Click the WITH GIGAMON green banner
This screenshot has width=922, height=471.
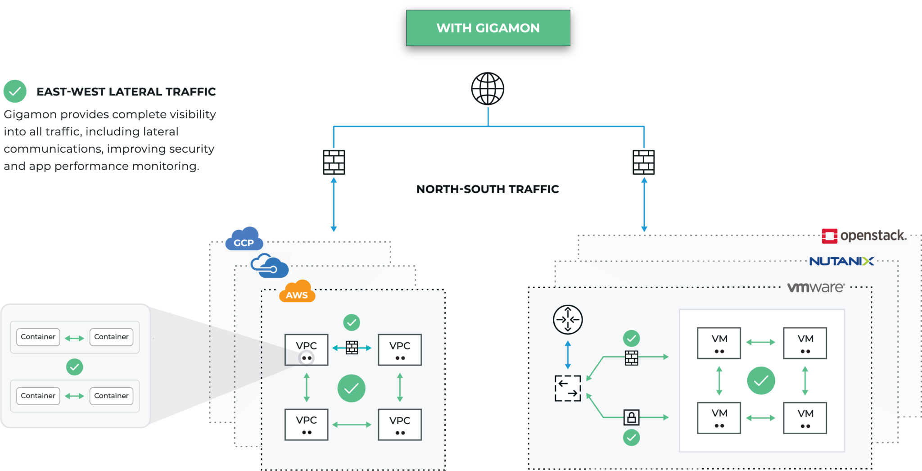coord(488,28)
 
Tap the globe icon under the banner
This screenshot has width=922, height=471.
coord(488,89)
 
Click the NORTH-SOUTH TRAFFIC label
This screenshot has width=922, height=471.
coord(488,189)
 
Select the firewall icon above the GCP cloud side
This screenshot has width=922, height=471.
coord(334,162)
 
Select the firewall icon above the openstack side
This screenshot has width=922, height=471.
coord(644,162)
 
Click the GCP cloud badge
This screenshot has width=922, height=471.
coord(244,239)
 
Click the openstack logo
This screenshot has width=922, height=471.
coord(863,235)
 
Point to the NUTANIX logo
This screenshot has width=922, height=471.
coord(841,261)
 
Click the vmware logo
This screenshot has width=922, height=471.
coord(815,287)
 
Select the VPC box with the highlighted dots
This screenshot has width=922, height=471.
coord(306,350)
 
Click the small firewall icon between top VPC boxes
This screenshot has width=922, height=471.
coord(352,348)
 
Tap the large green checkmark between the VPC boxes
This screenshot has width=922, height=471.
coord(351,388)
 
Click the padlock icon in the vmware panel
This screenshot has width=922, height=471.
coord(631,417)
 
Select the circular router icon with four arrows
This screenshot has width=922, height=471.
coord(568,320)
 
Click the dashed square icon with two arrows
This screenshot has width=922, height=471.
coord(568,388)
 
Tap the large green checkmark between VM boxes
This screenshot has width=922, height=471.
coord(761,381)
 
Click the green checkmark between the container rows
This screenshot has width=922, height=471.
coord(75,367)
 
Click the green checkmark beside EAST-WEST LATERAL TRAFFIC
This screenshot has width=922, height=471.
coord(15,91)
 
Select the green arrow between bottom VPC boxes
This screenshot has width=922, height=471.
coord(352,425)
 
